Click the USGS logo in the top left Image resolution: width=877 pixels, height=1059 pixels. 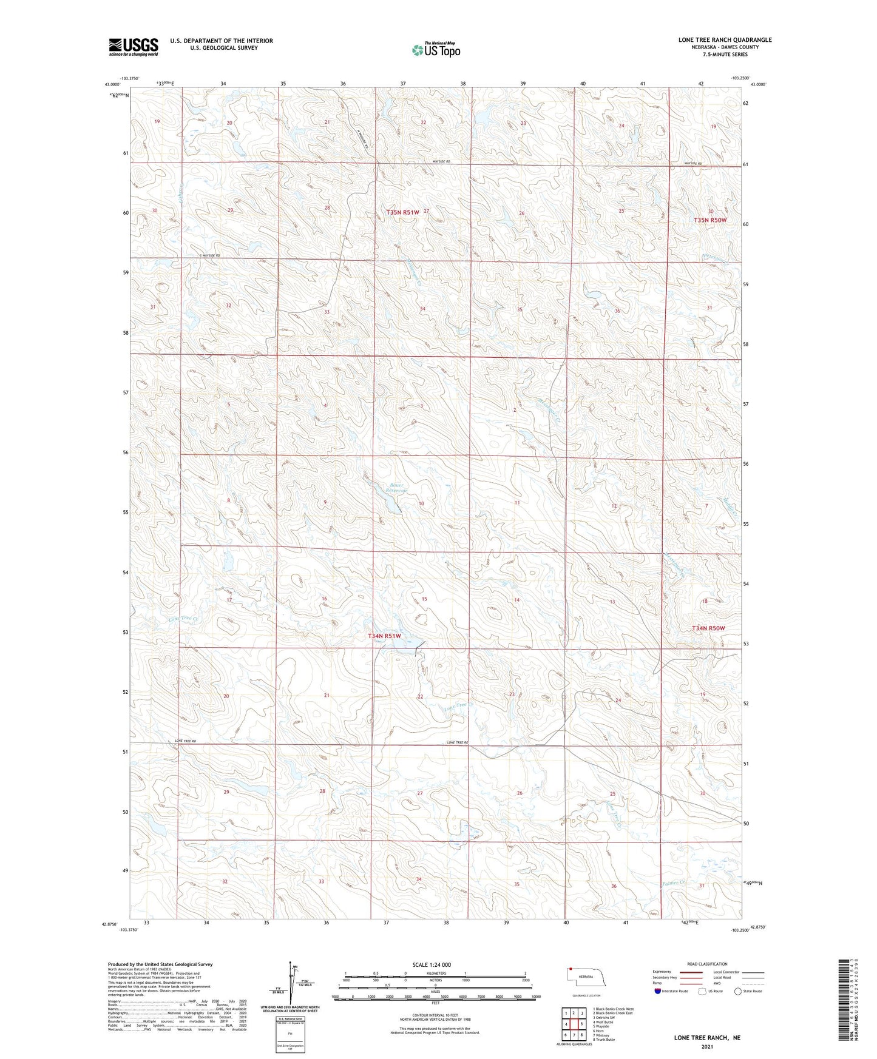[x=133, y=47]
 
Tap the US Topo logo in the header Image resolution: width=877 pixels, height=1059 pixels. [x=436, y=50]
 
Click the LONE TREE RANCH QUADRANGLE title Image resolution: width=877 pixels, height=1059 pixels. [x=725, y=40]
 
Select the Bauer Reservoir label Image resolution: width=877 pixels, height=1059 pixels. [x=397, y=488]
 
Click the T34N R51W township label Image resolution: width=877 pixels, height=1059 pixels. [x=384, y=636]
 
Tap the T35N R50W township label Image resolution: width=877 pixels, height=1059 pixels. [x=710, y=220]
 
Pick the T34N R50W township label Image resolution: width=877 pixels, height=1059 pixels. [x=708, y=628]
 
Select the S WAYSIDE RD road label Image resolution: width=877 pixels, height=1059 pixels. [x=209, y=255]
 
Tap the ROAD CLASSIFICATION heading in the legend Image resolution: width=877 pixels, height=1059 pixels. [x=707, y=964]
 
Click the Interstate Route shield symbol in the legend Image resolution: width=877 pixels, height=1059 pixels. [x=659, y=991]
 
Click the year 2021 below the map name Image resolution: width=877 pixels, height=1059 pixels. [x=706, y=1046]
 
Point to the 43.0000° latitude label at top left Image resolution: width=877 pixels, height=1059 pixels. [x=110, y=85]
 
